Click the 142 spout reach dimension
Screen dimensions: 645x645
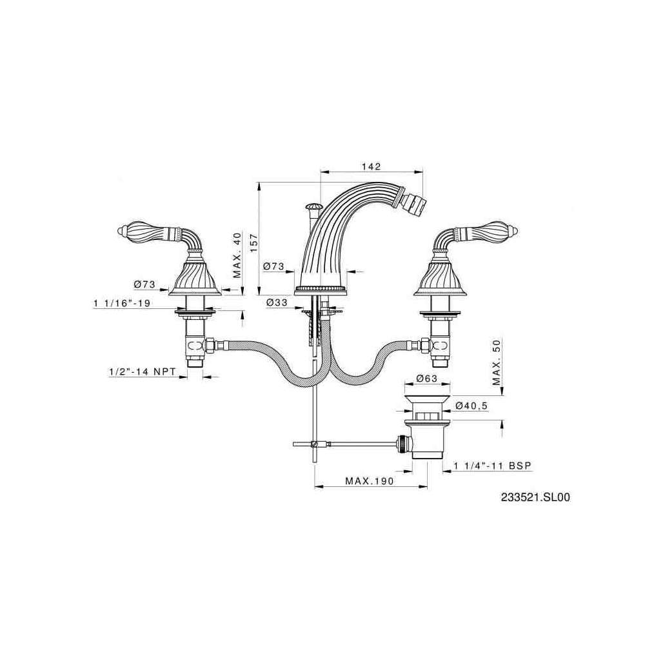point(371,166)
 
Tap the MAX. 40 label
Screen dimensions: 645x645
point(237,255)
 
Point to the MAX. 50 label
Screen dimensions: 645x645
point(497,362)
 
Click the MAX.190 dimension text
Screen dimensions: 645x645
point(369,481)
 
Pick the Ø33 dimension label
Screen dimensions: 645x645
point(277,303)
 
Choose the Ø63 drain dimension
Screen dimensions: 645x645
point(426,379)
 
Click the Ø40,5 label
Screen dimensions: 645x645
point(471,406)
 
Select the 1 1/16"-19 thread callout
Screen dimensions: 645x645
point(122,303)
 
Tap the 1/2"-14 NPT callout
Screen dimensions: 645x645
point(143,372)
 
